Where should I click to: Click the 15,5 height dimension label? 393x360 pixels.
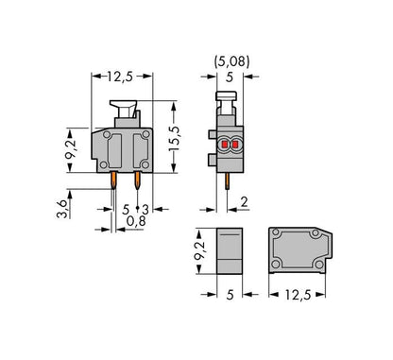point(174,139)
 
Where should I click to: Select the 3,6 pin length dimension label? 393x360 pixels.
point(62,209)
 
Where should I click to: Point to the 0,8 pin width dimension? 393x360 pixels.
point(136,221)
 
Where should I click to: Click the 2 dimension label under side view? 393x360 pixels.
point(245,202)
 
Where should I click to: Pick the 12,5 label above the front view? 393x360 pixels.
point(120,77)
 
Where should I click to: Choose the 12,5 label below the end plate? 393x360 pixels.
point(298,295)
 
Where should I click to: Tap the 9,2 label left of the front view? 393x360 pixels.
point(71,149)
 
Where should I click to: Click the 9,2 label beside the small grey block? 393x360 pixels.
point(199,250)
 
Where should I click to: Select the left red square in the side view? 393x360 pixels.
point(225,145)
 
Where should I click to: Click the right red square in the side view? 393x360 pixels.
point(235,145)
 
